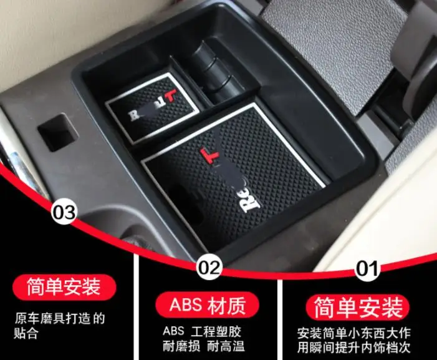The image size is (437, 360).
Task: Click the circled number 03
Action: click(64, 213)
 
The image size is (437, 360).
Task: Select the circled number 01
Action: click(368, 269)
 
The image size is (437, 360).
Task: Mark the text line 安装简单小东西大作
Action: click(363, 333)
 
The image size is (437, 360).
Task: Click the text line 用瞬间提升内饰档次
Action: click(363, 346)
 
